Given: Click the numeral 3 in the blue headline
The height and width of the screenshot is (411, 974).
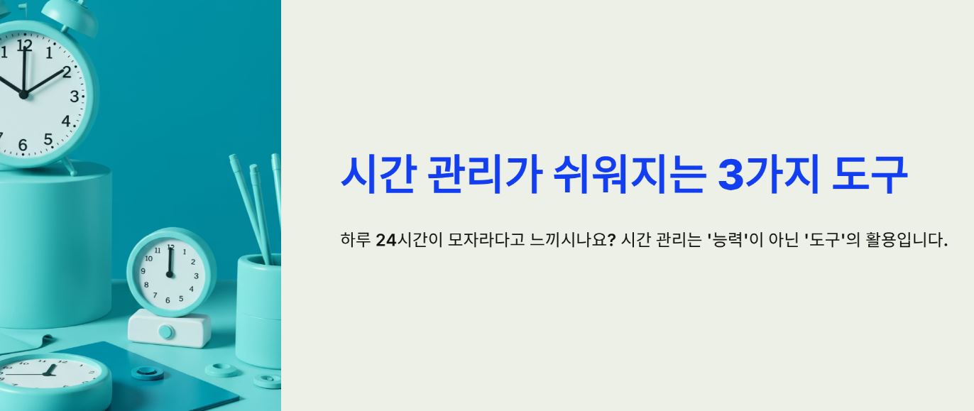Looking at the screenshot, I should point(731,175).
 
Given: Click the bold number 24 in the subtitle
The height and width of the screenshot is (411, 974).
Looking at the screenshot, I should point(385,240).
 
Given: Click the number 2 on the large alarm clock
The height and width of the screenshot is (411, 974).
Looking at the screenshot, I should point(67,72).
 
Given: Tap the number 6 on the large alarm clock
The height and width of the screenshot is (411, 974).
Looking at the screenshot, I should point(23,146).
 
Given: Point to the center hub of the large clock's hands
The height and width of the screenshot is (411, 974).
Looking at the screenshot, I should point(23,94).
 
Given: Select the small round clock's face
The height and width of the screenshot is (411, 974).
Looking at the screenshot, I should point(170,272).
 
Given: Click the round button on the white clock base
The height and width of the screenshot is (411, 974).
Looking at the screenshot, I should point(166,331).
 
